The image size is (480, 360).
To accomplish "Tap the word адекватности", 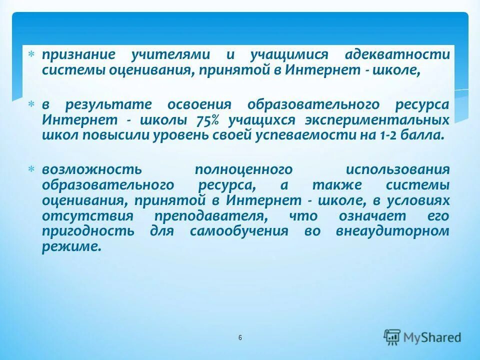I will (397, 54).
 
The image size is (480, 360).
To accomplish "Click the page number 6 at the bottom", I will (240, 338).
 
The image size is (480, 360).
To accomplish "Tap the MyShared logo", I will (422, 337).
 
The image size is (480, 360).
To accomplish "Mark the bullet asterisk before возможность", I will (31, 169).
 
